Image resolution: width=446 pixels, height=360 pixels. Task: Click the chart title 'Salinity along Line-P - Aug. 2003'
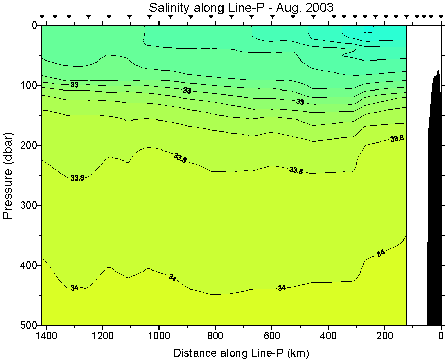(241, 8)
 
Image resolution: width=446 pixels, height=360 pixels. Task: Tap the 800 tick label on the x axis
(215, 336)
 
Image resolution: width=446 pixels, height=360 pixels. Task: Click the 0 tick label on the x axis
(441, 336)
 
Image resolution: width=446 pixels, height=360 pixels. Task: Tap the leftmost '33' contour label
(74, 85)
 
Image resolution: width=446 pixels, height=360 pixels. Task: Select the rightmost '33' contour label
(300, 102)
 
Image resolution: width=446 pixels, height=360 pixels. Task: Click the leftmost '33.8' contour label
(77, 178)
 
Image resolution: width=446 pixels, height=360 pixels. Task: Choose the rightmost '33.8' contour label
(397, 138)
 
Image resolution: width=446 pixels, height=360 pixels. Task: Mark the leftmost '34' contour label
(74, 288)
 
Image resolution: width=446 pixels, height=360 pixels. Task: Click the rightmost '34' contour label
(381, 253)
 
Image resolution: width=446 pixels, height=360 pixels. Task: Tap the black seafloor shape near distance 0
(434, 203)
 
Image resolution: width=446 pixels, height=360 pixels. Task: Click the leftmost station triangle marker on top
(43, 17)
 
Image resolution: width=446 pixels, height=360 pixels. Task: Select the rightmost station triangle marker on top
(439, 17)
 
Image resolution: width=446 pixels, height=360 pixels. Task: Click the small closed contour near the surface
(369, 29)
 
